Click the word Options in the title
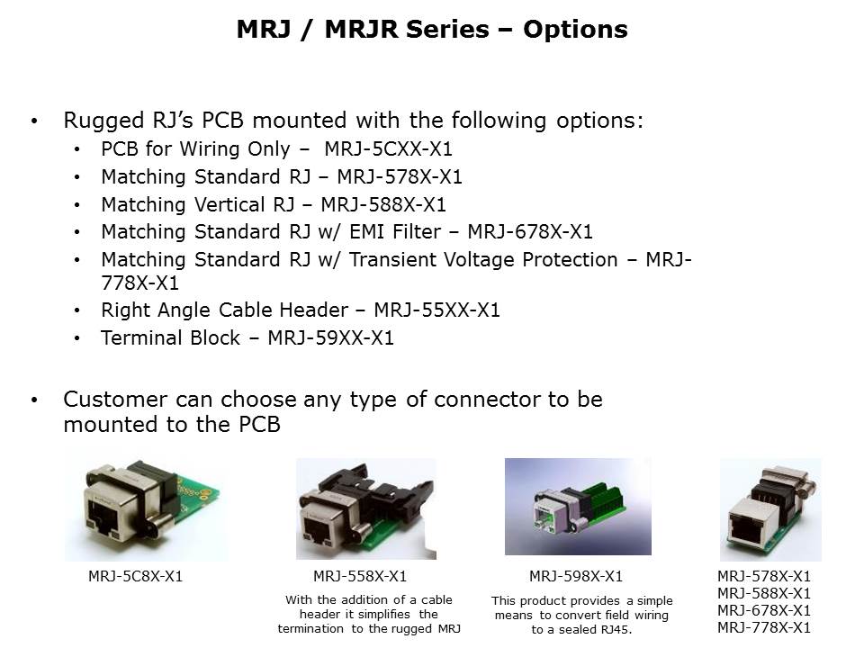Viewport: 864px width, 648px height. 575,29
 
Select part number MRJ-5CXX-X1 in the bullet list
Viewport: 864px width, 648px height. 388,148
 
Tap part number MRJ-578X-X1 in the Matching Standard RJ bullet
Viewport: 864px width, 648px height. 400,177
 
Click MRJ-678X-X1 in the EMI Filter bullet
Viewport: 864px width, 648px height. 530,231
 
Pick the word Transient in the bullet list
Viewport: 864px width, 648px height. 394,259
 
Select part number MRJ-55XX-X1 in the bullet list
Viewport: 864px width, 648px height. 437,310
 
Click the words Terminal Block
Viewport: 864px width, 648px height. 171,337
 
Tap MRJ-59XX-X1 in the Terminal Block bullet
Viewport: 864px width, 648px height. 330,337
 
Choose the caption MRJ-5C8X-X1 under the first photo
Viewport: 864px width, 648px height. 135,576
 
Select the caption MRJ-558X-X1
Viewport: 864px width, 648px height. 360,576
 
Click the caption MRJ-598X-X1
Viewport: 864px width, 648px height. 576,576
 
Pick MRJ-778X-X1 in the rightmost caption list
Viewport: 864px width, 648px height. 764,627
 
